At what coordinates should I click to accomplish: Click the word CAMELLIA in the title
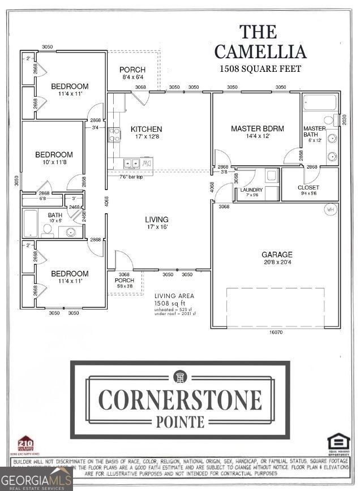coord(261,51)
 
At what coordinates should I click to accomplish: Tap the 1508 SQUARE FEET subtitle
coord(260,69)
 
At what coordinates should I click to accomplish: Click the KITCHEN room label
coord(146,129)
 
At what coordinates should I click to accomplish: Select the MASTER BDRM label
coord(258,128)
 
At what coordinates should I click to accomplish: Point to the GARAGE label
coord(277,255)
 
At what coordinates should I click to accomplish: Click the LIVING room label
coord(157,219)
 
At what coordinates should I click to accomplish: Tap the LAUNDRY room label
coord(251,189)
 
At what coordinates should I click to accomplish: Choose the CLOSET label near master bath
coord(308,187)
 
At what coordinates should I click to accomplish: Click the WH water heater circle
coord(330,209)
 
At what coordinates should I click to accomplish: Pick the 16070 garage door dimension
coord(275,333)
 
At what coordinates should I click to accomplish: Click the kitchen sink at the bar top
coord(131,164)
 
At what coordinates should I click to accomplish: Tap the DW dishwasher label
coord(147,164)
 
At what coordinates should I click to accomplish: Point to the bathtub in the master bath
coord(319,103)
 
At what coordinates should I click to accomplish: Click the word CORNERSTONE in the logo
coord(181,400)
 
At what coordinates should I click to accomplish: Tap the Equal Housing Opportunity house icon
coord(338,442)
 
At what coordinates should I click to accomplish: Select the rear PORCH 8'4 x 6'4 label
coord(132,73)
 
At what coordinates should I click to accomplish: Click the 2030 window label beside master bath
coord(344,120)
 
